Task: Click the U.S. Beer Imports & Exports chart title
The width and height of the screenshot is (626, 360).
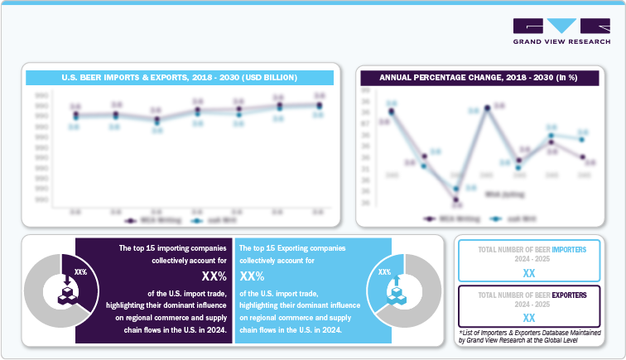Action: pos(181,77)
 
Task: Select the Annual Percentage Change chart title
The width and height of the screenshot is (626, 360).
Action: pos(478,77)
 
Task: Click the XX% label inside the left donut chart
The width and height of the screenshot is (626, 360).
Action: pos(81,271)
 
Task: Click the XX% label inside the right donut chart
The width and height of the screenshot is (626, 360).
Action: pos(385,271)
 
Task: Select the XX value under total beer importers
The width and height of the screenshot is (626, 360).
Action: pos(529,272)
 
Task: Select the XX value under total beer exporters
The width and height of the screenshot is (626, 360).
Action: pos(529,318)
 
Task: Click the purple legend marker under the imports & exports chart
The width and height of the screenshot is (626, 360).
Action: pos(130,220)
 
